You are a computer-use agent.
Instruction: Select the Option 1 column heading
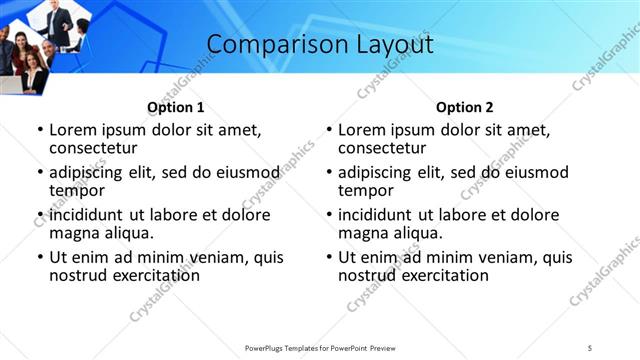coord(175,107)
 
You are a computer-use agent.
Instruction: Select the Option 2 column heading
coord(464,107)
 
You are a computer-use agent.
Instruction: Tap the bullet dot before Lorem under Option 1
coord(39,130)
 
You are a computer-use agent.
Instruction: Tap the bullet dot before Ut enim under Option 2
coord(328,257)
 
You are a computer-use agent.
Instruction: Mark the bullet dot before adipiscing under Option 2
coord(328,172)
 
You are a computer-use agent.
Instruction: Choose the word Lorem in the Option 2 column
coord(362,129)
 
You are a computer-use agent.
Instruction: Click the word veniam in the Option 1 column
coord(202,257)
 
